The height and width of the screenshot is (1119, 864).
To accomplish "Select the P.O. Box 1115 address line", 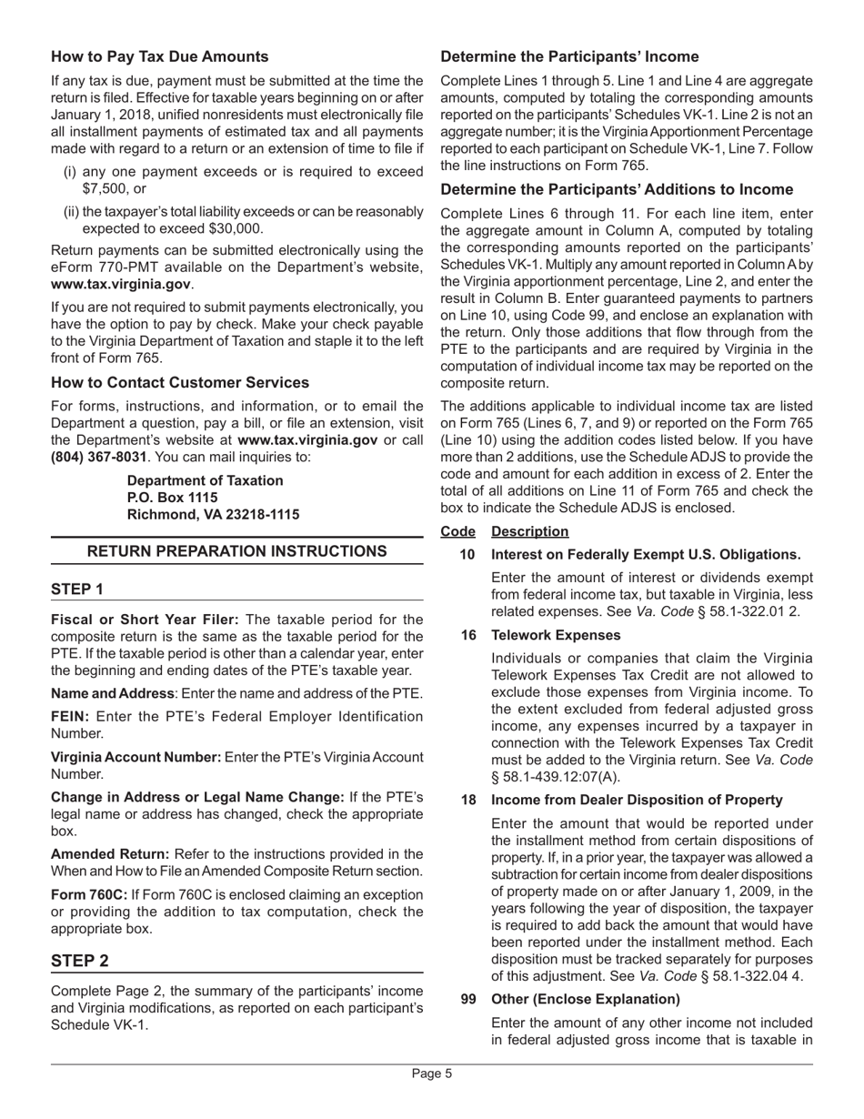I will [x=173, y=498].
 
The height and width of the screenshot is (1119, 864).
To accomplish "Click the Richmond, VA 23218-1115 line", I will [x=213, y=515].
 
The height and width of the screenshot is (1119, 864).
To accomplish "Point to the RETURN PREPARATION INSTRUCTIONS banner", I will [x=236, y=551].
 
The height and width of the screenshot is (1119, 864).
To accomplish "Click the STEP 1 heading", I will [x=77, y=590].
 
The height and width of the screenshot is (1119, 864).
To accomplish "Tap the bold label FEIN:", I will [x=71, y=716].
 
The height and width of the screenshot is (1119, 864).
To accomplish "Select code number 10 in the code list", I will [x=467, y=554].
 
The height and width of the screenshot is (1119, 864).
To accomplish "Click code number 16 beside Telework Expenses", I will [x=467, y=635].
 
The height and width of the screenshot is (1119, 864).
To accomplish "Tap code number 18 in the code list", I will [x=467, y=800].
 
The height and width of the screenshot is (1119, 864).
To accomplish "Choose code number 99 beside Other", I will [x=467, y=999].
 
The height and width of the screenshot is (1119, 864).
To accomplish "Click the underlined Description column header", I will [x=529, y=531].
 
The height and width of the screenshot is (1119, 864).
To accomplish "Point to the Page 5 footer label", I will [x=432, y=1074].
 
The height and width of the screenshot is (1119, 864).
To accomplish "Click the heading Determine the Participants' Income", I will [x=569, y=56].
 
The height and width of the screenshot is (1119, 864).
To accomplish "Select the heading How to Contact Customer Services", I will [x=180, y=382].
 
